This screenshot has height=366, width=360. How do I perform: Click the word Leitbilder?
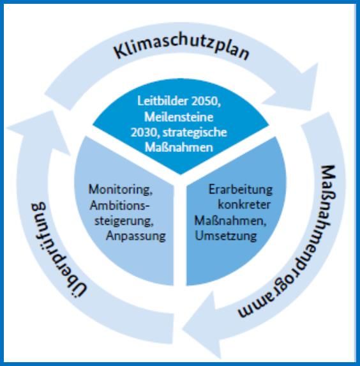click(163, 101)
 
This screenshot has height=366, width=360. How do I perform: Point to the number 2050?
click(206, 102)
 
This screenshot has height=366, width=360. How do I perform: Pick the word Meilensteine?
click(179, 117)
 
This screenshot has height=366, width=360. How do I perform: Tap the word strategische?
click(195, 133)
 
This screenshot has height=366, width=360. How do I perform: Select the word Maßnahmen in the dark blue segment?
click(179, 148)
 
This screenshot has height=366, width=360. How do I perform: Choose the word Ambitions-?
click(119, 206)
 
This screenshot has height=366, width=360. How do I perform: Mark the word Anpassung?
click(136, 236)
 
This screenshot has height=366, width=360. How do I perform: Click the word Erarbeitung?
click(240, 190)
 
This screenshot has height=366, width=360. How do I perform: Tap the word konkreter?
click(244, 205)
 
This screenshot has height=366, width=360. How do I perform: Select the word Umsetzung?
click(226, 236)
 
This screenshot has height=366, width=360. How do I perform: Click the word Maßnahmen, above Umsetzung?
click(230, 220)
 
